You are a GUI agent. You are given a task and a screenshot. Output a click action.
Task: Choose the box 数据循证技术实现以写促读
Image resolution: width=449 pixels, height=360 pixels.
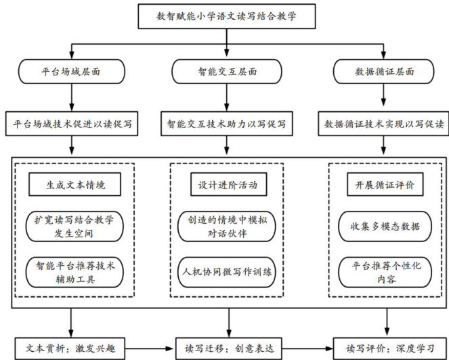pos(383,124)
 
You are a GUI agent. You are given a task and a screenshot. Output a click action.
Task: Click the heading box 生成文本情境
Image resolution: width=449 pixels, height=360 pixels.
pos(75,184)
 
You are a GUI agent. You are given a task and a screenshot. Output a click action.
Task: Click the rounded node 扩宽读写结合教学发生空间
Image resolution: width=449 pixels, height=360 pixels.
pos(75,226)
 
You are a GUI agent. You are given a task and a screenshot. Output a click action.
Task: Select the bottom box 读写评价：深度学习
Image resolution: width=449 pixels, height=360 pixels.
pos(387,348)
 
